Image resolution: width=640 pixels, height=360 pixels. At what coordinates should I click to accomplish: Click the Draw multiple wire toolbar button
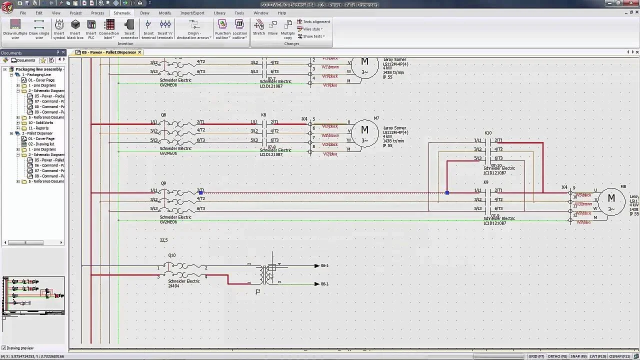pos(15,29)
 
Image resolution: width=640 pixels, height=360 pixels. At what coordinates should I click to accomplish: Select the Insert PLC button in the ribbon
pos(91,29)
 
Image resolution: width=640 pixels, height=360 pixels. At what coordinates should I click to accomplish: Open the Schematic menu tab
pos(122,13)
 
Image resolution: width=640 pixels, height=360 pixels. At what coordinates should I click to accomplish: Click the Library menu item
pos(219,13)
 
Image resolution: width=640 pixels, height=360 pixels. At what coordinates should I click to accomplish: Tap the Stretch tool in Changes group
pos(259,28)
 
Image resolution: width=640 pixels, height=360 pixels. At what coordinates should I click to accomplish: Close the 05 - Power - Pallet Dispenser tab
pos(140,52)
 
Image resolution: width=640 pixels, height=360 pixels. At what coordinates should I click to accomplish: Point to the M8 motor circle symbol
pos(611,200)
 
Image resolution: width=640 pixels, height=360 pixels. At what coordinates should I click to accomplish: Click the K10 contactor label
pos(488,133)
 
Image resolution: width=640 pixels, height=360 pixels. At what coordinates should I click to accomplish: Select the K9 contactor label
pos(485,182)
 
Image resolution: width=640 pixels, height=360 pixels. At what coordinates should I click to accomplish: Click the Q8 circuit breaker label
pos(163,115)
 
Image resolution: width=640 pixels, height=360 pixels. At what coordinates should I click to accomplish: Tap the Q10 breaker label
pos(171,255)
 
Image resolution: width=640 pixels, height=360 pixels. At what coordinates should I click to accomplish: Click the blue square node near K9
pos(447,192)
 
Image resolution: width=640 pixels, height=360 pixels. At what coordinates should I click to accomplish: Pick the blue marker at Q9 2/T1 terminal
pos(200,192)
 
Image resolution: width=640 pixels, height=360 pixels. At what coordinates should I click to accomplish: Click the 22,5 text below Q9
pos(163,240)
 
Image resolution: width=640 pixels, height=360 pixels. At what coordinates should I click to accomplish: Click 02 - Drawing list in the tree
pos(41,144)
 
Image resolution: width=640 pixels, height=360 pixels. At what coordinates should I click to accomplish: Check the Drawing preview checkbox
pos(4,348)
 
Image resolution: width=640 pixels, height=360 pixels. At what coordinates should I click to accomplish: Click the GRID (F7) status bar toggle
pos(536,356)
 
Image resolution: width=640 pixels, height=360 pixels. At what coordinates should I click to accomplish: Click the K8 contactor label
pos(263,115)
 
